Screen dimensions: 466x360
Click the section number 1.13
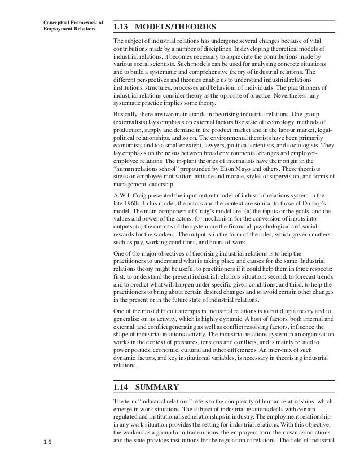[122, 27]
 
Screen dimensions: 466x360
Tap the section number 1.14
[122, 387]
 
